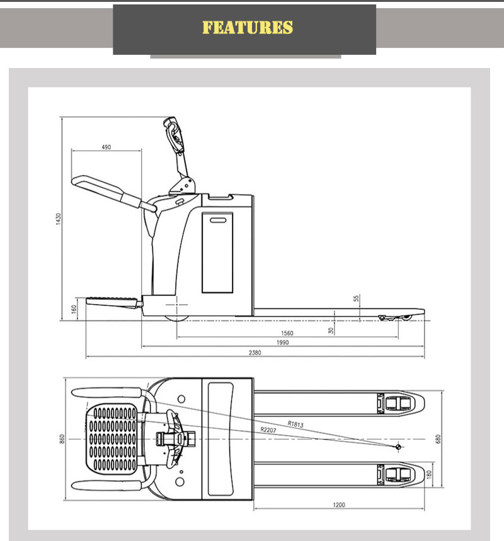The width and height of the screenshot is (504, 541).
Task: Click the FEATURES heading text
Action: click(x=248, y=28)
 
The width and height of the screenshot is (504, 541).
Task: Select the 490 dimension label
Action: click(x=106, y=147)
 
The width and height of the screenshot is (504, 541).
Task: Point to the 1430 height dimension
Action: click(x=57, y=219)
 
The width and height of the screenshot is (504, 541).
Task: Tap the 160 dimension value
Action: click(x=74, y=309)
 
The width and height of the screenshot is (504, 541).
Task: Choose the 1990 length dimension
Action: click(x=282, y=343)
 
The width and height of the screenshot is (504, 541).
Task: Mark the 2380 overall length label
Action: click(x=255, y=353)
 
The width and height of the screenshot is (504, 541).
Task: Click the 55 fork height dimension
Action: click(x=357, y=300)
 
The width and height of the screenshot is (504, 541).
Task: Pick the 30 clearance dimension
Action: click(x=331, y=329)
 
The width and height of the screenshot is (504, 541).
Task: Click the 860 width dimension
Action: click(x=62, y=438)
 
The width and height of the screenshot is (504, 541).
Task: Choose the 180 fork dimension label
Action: click(x=428, y=473)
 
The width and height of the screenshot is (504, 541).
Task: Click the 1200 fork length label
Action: click(x=340, y=504)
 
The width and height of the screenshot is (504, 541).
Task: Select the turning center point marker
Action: click(x=398, y=447)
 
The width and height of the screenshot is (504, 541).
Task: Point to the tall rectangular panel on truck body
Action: click(x=217, y=252)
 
